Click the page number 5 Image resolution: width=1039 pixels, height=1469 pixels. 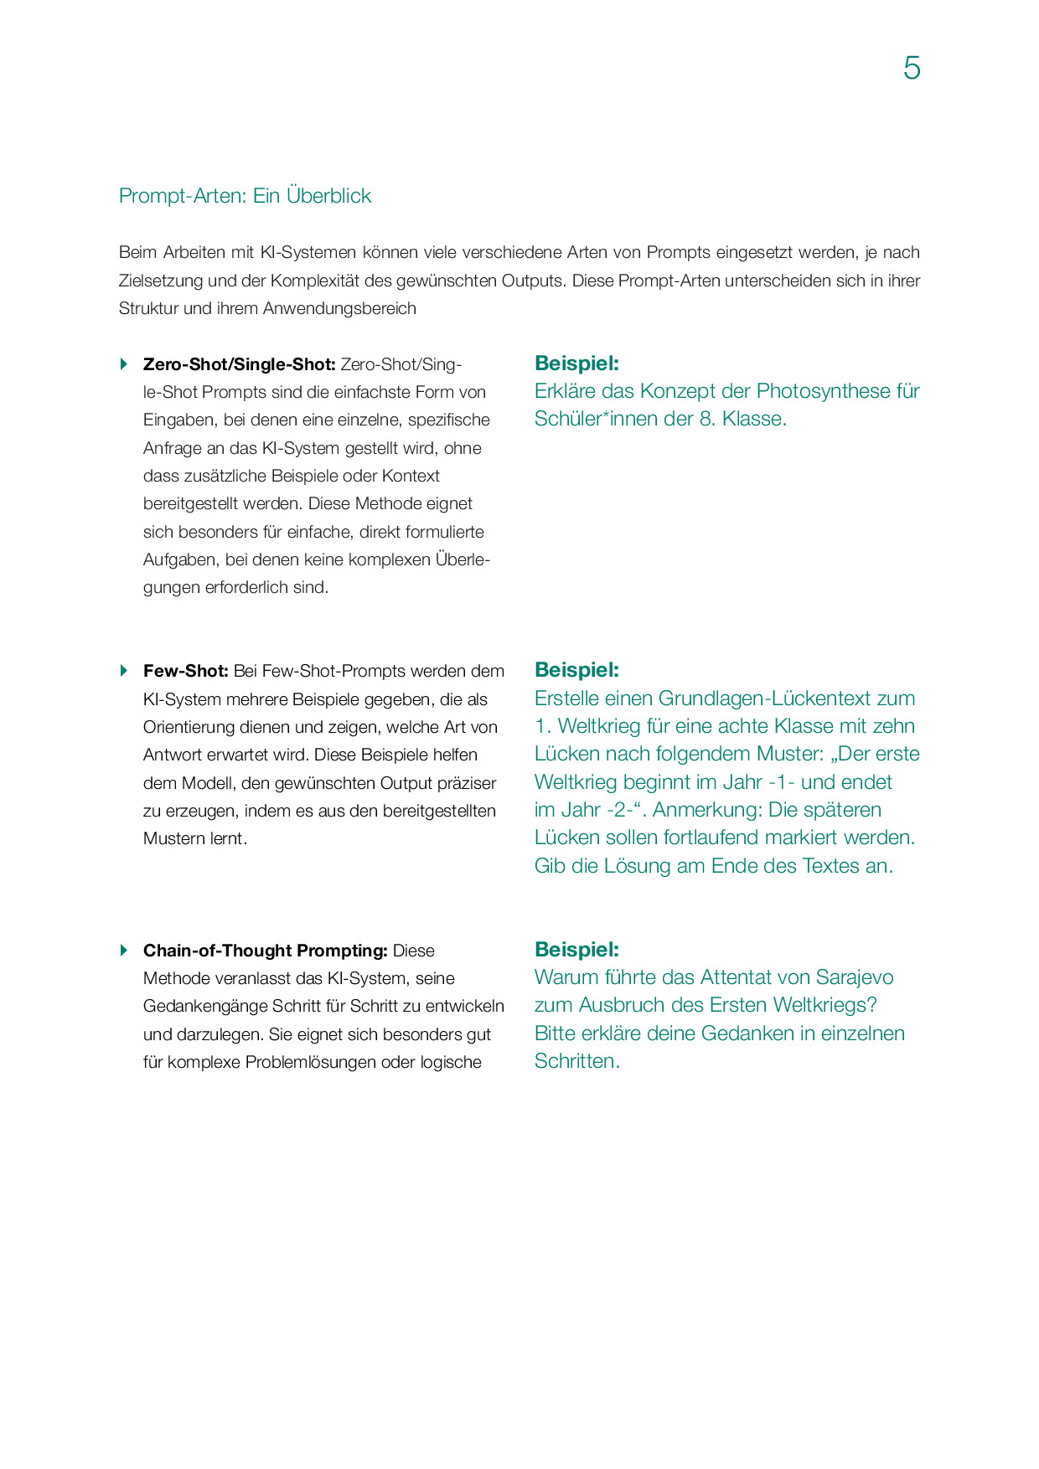click(912, 68)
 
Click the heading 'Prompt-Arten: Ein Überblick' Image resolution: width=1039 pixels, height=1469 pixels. click(245, 196)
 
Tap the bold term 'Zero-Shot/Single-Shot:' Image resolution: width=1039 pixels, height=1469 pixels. click(239, 364)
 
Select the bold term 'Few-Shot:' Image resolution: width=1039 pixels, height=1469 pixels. click(185, 671)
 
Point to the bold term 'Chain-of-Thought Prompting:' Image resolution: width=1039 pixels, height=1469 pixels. click(265, 951)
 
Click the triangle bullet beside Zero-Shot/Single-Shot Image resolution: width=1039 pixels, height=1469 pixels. click(124, 363)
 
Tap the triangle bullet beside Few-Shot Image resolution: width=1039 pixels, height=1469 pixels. click(124, 670)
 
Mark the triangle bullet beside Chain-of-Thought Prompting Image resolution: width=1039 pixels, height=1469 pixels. click(124, 950)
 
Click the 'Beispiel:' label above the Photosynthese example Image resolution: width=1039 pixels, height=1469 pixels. click(576, 363)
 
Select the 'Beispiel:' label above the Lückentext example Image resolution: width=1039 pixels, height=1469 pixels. click(576, 670)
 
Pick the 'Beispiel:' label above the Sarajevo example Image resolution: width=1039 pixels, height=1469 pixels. click(576, 950)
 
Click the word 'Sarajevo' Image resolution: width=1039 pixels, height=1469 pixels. click(854, 977)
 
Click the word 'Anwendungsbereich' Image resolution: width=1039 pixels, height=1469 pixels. click(339, 308)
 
